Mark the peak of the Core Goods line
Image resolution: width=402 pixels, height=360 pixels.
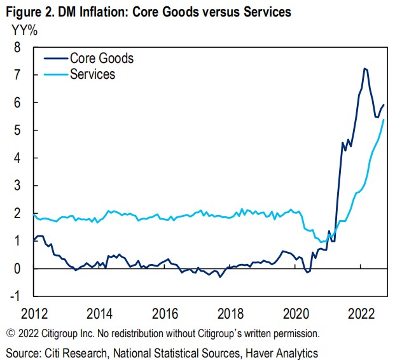pos(364,68)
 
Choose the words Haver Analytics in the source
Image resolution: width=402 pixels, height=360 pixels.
pos(283,352)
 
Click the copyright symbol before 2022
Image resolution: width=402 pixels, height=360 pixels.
pos(10,333)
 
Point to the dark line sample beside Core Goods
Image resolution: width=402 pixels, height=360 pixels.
pos(55,59)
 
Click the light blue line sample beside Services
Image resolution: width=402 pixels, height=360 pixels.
pos(55,74)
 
